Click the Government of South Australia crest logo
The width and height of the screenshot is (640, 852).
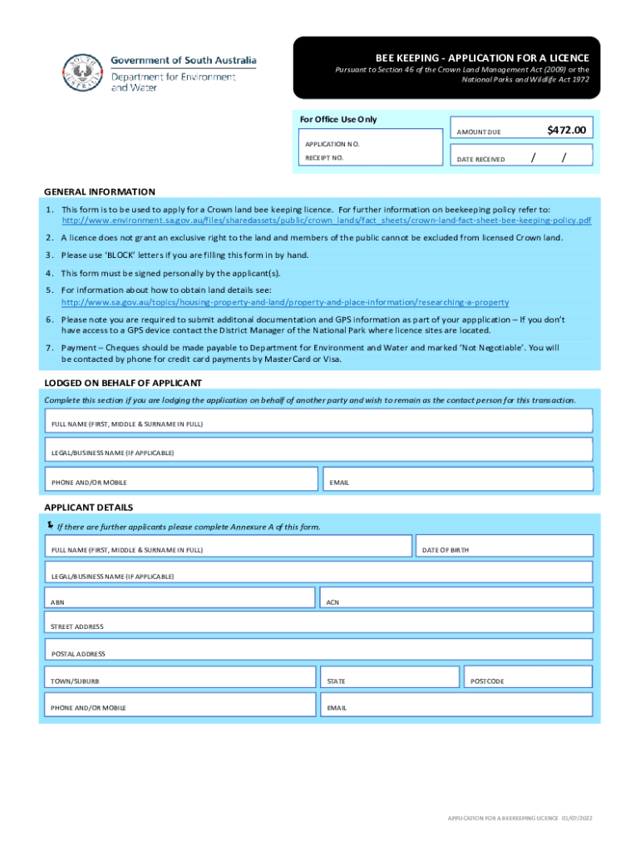coord(83,72)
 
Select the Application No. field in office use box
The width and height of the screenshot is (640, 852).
coord(370,144)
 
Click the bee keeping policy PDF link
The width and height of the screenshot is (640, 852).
coord(327,220)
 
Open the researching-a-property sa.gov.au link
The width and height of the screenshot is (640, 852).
coord(285,302)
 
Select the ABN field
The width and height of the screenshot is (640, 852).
coord(179,598)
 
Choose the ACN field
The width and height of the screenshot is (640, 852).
coord(456,598)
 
